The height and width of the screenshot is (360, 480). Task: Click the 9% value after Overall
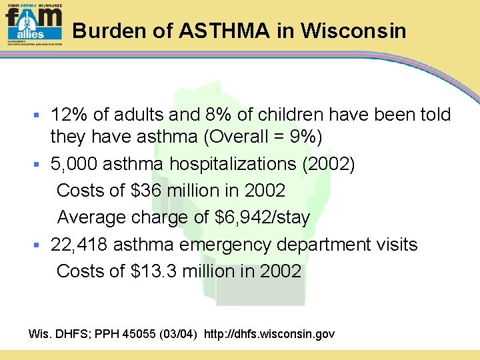(306, 137)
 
